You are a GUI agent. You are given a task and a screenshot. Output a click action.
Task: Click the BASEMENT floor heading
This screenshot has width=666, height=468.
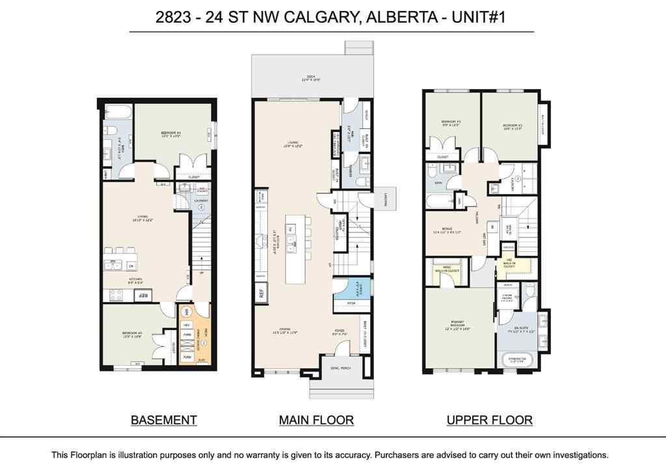pyautogui.click(x=164, y=420)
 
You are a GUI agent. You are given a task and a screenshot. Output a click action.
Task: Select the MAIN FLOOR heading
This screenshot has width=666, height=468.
pyautogui.click(x=316, y=420)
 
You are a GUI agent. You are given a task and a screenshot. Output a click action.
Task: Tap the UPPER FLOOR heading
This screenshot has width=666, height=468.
pyautogui.click(x=489, y=420)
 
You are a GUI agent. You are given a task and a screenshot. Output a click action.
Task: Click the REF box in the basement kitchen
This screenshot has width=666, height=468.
pyautogui.click(x=142, y=296)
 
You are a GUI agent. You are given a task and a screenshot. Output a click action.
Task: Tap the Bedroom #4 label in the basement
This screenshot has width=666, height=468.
pyautogui.click(x=171, y=135)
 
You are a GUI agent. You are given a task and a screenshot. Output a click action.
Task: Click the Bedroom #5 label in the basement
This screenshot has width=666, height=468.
pyautogui.click(x=132, y=335)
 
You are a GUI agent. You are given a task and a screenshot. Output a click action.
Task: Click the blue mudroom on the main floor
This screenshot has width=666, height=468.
pyautogui.click(x=349, y=289)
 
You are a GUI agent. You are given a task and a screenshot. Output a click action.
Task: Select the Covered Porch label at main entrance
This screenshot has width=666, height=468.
pyautogui.click(x=340, y=368)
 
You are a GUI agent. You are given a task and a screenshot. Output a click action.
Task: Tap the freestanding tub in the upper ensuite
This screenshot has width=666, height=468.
pyautogui.click(x=518, y=360)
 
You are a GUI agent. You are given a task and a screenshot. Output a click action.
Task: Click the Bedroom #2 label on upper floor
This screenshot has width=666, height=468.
pyautogui.click(x=513, y=126)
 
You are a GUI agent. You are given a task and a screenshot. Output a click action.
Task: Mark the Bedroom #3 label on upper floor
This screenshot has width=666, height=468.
pyautogui.click(x=450, y=124)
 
